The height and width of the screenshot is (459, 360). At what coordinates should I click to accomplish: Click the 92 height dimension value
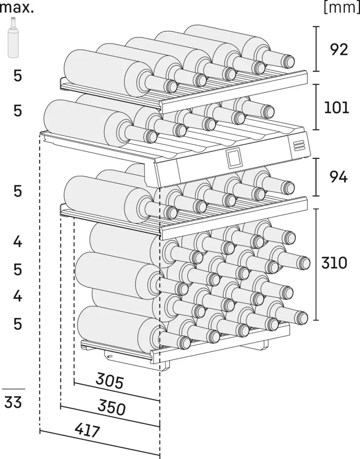[338, 49]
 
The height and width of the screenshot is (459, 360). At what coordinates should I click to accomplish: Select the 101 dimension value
[336, 108]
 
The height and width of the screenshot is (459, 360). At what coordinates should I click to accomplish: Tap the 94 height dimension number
[338, 178]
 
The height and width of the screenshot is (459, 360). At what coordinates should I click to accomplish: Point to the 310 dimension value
[334, 263]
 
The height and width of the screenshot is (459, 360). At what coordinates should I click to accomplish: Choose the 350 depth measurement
[111, 407]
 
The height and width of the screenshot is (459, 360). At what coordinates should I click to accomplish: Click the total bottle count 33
[13, 403]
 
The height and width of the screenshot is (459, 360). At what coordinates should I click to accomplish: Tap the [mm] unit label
[342, 8]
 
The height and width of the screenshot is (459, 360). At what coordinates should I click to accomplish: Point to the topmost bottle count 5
[17, 76]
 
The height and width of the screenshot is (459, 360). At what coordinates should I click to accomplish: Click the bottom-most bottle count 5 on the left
[17, 323]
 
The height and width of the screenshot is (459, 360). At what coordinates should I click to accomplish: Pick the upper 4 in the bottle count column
[17, 242]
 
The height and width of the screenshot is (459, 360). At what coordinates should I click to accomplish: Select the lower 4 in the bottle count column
[17, 296]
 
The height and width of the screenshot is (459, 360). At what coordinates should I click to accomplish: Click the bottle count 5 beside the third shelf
[17, 191]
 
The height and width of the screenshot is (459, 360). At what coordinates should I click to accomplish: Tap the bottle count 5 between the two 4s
[17, 269]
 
